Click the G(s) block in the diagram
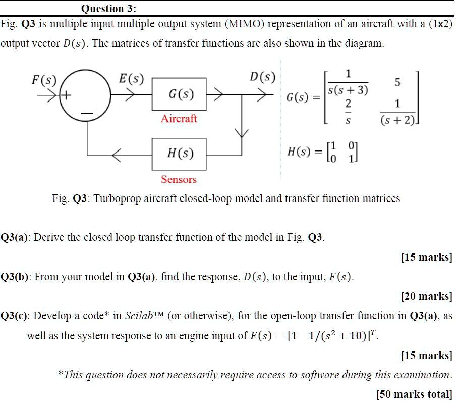(179, 94)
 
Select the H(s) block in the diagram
(179, 154)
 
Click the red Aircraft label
(179, 119)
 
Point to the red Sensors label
(179, 180)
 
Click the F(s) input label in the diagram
(44, 80)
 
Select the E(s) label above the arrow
(131, 79)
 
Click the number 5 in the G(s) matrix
(397, 82)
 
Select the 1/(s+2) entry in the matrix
(397, 113)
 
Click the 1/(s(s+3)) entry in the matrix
(348, 83)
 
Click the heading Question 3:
(108, 9)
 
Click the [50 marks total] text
(414, 394)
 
